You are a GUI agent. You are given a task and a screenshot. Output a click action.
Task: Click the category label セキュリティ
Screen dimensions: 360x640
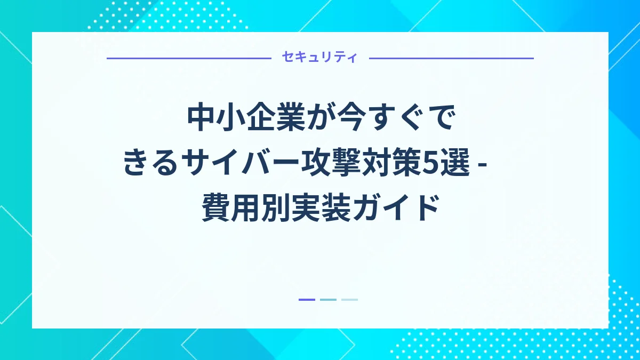(320, 58)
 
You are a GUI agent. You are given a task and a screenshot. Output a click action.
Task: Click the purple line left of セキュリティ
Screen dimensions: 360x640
(189, 58)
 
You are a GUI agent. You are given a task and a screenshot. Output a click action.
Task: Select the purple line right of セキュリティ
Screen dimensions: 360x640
(451, 58)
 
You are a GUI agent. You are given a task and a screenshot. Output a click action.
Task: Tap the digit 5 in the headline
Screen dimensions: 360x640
(429, 163)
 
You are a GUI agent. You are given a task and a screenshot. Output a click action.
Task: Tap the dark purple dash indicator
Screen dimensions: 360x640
(307, 300)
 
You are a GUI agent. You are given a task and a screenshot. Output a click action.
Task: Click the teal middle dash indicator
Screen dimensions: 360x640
(328, 300)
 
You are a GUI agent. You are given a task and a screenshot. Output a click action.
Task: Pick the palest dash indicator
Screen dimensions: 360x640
(349, 300)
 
